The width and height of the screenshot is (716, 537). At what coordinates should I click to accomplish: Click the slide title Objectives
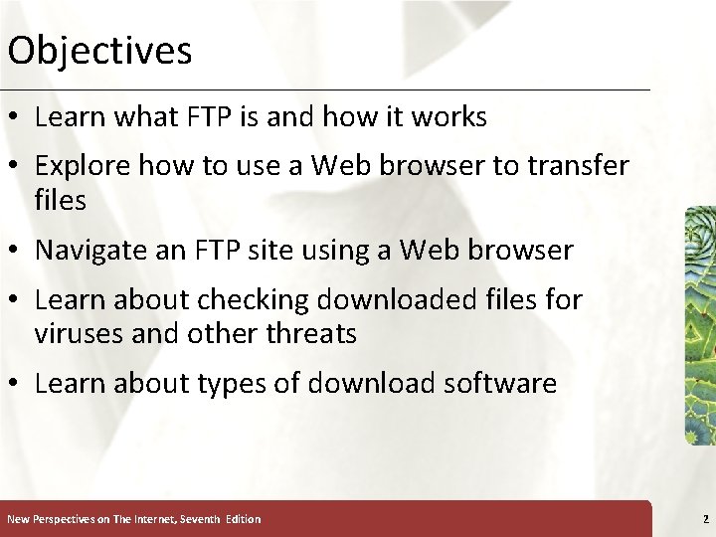99,50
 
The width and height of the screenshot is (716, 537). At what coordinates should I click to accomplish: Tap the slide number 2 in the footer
705,518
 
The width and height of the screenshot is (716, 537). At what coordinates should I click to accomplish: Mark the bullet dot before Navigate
17,252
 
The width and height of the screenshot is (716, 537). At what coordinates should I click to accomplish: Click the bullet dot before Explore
17,167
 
